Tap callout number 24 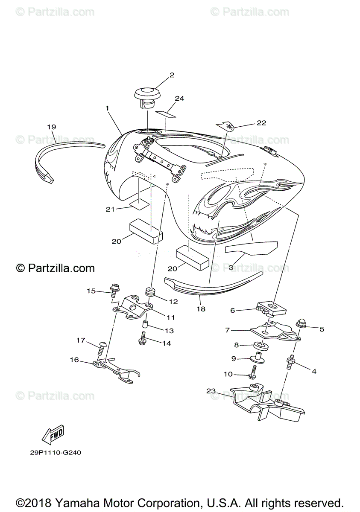[x=179, y=99]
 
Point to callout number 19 [x=52, y=127]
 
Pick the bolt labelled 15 [x=114, y=291]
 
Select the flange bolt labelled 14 [x=143, y=341]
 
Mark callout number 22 [x=261, y=123]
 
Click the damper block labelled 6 [x=272, y=308]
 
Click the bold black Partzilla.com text [x=55, y=268]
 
